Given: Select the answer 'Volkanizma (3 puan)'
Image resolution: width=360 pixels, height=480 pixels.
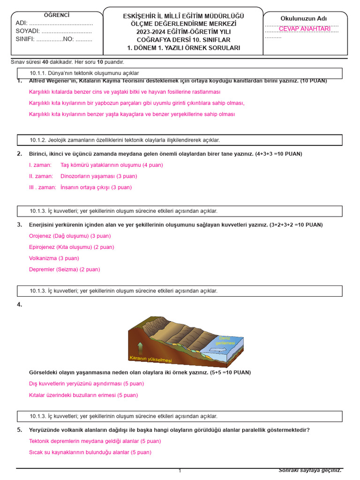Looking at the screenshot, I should point(54,258).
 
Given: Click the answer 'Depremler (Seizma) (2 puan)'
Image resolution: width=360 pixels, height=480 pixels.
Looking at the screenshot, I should point(64,270).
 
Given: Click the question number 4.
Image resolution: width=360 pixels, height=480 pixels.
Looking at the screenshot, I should point(19,305).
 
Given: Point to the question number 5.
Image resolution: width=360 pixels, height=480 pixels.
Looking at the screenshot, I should point(19,430).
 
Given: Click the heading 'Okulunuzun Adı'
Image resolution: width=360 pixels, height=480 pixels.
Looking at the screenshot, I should point(304,18).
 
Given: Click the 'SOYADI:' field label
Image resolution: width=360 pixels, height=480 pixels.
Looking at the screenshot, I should point(27,31).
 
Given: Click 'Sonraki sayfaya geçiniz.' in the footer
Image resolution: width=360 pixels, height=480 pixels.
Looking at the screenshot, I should point(310,470).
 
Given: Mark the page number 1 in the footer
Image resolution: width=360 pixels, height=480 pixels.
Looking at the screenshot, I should point(180,471).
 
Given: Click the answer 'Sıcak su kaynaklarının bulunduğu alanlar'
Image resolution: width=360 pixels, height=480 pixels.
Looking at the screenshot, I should point(90,452).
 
